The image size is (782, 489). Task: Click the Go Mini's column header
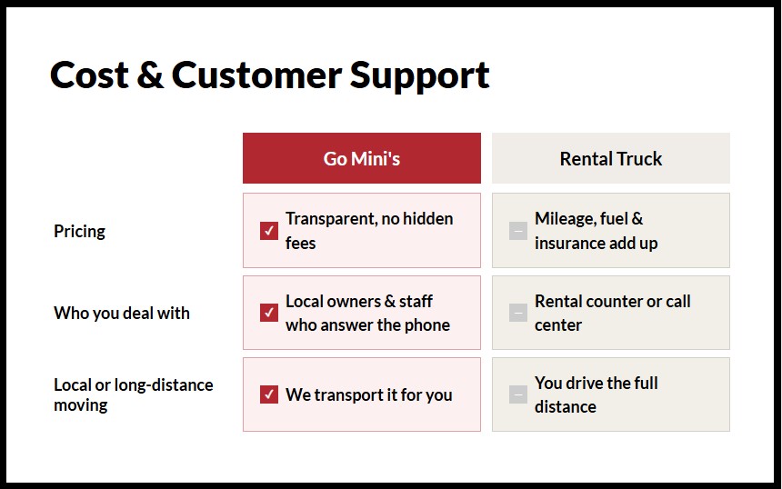click(x=361, y=158)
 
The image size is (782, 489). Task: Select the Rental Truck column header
click(x=610, y=158)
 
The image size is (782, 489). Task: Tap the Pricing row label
click(x=79, y=231)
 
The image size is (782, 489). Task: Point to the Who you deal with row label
click(x=122, y=313)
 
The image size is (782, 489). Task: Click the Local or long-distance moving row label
click(x=133, y=394)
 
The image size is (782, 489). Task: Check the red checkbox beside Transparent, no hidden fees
click(x=269, y=231)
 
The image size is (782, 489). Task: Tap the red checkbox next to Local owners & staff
click(x=269, y=313)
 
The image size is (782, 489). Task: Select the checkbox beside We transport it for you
click(x=269, y=394)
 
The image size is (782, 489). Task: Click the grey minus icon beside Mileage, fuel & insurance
click(x=518, y=231)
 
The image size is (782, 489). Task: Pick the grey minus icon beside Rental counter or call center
click(x=518, y=313)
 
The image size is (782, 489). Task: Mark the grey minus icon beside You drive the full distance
click(x=518, y=394)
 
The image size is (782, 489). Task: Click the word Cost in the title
click(x=88, y=75)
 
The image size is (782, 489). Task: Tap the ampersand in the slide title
click(x=149, y=75)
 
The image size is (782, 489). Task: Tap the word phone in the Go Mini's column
click(x=426, y=325)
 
